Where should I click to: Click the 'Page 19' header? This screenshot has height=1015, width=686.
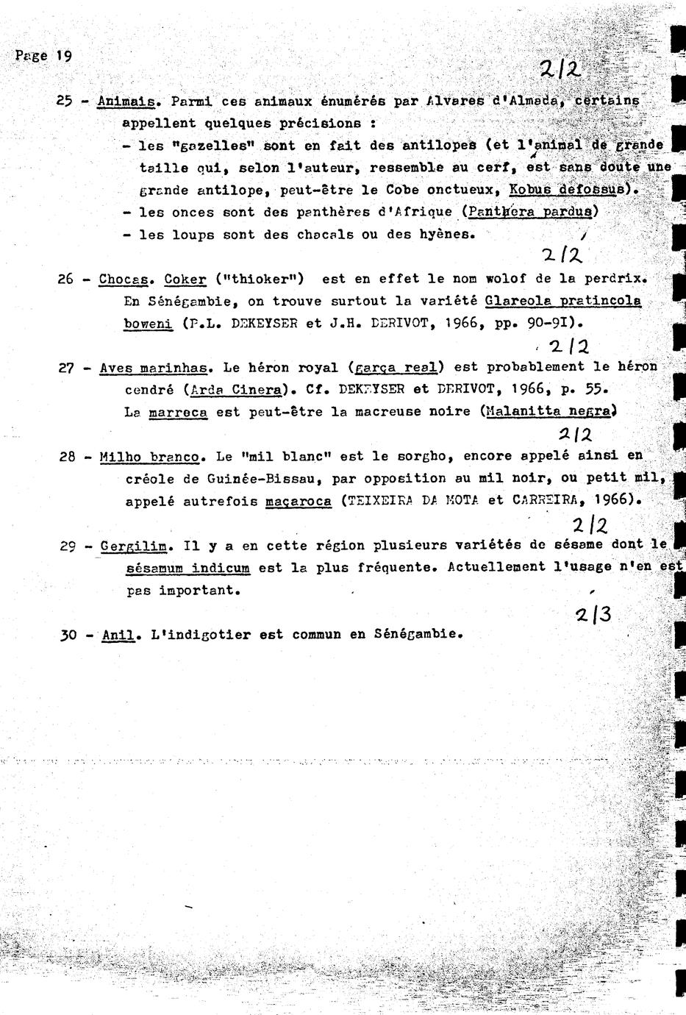(43, 56)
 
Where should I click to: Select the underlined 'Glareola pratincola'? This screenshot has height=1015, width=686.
(558, 301)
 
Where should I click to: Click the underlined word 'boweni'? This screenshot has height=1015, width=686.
(148, 323)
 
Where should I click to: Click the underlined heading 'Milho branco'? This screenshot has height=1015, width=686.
(150, 457)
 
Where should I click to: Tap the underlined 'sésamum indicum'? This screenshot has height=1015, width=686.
(187, 569)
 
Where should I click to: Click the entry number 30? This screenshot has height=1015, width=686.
(68, 635)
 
